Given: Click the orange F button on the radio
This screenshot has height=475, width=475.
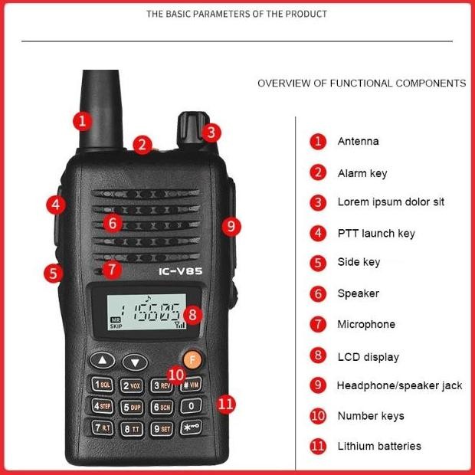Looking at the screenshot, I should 192,359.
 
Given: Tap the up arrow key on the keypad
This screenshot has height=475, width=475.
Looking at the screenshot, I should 103,360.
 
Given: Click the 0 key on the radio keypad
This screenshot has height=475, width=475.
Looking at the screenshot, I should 192,406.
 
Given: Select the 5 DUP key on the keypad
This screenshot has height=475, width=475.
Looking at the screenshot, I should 133,407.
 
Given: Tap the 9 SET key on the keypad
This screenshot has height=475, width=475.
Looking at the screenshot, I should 162,429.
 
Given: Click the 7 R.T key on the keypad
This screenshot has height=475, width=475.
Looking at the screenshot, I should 103,428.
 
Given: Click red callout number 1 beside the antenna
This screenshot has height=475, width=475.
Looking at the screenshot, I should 83,120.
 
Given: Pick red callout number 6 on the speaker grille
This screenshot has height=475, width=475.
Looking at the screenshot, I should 113,224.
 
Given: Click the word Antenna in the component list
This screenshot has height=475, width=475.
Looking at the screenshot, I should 358,142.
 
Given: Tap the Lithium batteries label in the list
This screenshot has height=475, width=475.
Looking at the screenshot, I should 379,446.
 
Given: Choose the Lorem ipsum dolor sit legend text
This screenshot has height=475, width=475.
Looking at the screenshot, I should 391,202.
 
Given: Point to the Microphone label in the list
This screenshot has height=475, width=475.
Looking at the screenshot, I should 366,325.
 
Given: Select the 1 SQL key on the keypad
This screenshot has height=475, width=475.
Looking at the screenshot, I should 103,385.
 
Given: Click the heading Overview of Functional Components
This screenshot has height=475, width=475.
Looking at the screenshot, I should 362,84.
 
